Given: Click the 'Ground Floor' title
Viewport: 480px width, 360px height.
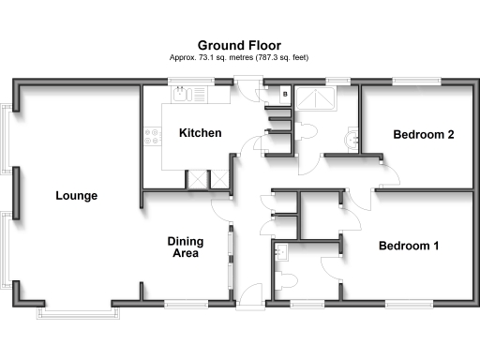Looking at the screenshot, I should (x=239, y=44).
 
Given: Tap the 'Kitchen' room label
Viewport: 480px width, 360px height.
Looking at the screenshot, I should (x=200, y=133).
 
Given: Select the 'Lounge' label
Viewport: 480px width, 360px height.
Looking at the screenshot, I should (x=76, y=196).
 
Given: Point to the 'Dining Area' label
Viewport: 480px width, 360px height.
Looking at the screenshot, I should (x=186, y=247).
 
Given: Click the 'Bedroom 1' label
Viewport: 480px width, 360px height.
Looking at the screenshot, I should (x=409, y=247).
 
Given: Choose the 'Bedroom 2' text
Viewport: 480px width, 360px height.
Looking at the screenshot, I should (x=424, y=135).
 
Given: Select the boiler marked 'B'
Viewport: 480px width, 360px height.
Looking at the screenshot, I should (x=284, y=95).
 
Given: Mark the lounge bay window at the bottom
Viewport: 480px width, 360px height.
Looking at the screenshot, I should (x=79, y=308).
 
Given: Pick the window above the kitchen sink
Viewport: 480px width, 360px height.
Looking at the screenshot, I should (x=195, y=82).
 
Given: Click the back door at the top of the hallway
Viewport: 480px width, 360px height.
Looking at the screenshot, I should (x=247, y=87).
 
